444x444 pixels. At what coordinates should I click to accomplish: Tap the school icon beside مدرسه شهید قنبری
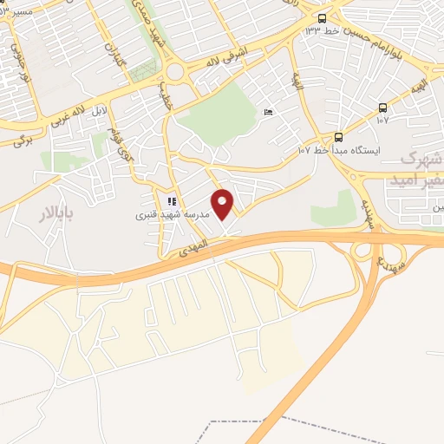coord(172,201)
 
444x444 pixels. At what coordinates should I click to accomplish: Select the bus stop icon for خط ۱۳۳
coord(323,18)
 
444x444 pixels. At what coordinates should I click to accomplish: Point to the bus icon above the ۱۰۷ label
coord(382,108)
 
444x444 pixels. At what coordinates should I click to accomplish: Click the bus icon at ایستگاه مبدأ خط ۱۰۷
coord(338,136)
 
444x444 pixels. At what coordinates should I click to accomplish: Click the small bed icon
coord(267,113)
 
